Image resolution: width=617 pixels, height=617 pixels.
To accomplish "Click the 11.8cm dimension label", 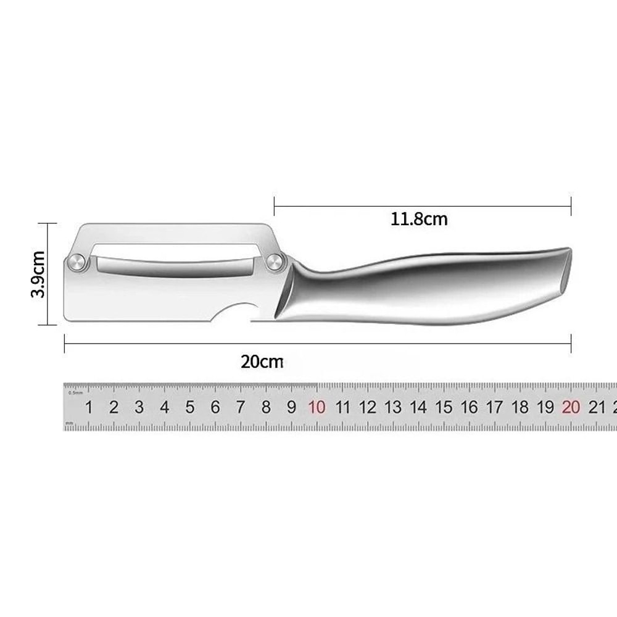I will click(419, 219).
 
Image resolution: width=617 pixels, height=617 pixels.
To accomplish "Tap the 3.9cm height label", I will click(38, 274).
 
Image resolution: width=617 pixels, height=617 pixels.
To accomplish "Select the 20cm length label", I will click(262, 362).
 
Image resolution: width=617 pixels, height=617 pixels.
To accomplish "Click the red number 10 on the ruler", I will click(317, 407).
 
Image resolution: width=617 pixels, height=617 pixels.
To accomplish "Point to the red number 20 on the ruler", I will click(571, 407).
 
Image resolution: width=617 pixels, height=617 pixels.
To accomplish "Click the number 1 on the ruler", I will click(89, 407).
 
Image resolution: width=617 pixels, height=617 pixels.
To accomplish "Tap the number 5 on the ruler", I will click(190, 407).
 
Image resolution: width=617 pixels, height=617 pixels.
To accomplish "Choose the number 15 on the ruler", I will click(444, 407).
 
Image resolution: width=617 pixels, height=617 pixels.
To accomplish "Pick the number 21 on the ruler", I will click(596, 407).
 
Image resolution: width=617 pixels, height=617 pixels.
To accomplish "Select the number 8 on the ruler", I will click(266, 407).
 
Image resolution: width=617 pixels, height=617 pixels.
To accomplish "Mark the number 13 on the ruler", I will click(393, 407).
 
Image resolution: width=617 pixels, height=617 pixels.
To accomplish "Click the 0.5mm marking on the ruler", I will click(75, 392).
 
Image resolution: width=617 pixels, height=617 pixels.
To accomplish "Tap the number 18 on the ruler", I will click(520, 407).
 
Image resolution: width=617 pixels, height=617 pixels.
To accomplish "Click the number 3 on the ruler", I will click(139, 407).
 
